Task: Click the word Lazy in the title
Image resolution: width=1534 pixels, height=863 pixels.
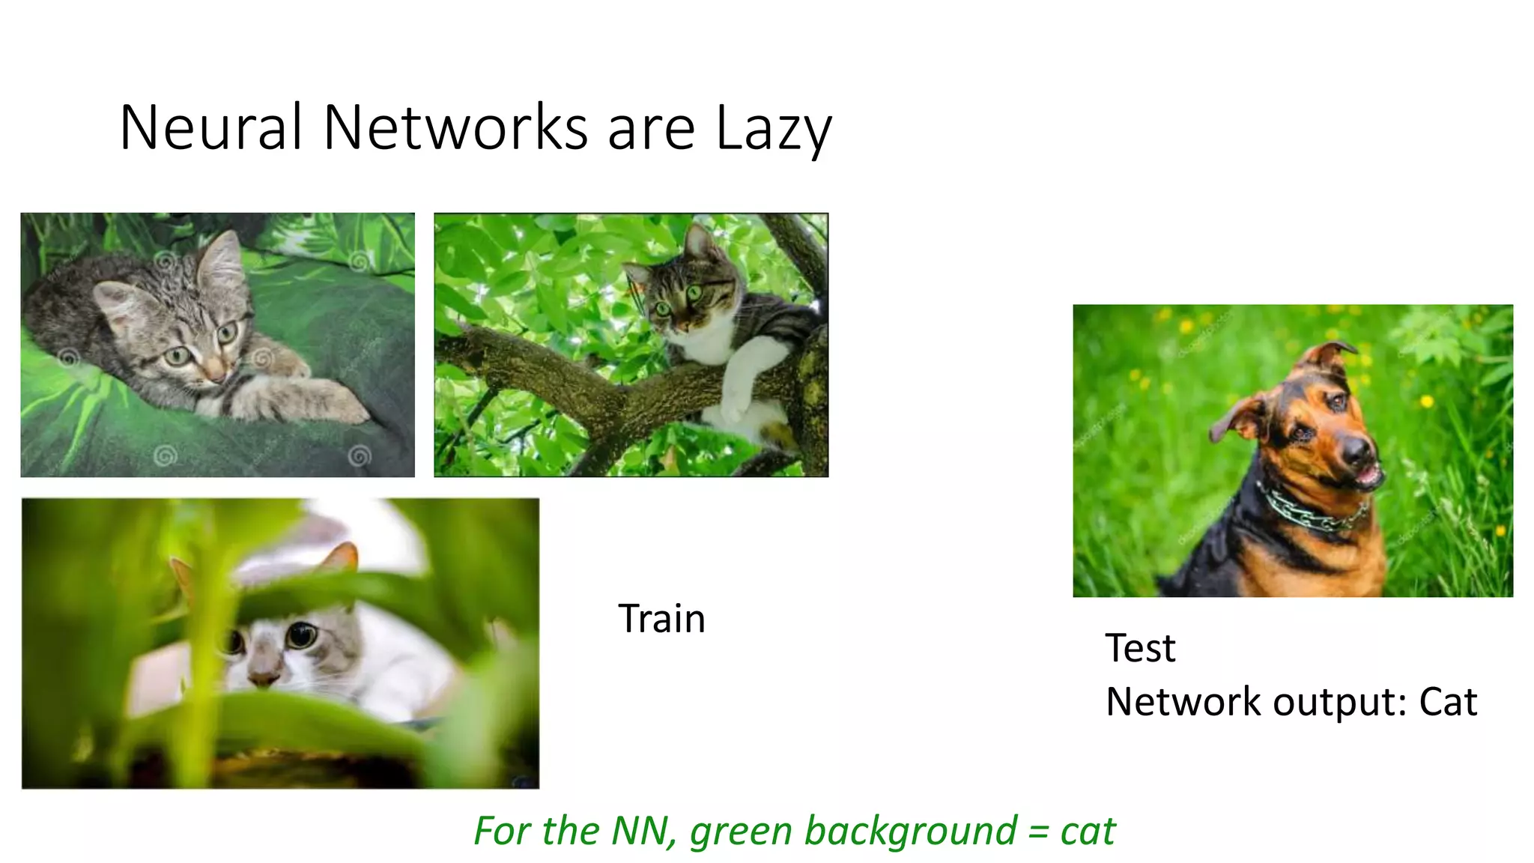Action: [773, 129]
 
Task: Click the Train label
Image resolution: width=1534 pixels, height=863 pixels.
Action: [661, 619]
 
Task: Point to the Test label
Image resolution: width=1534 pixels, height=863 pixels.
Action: [1140, 648]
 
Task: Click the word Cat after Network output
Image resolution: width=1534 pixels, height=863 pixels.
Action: [1448, 702]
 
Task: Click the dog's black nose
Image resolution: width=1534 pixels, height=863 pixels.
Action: [1356, 449]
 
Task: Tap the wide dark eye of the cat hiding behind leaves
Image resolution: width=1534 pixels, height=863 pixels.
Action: [301, 635]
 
